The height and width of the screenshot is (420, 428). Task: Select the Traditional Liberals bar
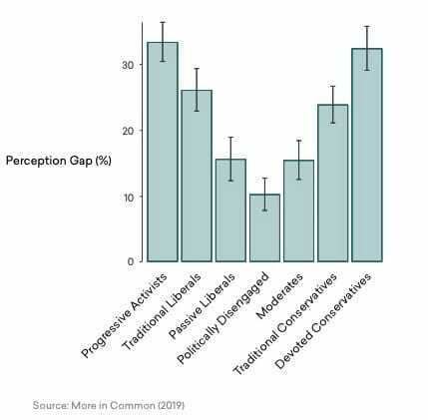pos(197,176)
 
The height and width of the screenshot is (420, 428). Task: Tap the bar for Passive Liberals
pos(230,210)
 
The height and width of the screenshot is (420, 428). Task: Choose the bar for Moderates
pos(298,210)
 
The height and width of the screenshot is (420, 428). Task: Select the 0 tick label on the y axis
pos(130,261)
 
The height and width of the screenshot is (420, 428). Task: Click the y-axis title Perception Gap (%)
pos(59,161)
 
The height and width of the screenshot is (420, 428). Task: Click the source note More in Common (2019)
pos(108,405)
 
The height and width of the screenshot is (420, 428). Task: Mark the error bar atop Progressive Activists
pos(163,42)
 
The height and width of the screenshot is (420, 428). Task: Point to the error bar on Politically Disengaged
pos(264,194)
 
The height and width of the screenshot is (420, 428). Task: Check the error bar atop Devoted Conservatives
pos(366,48)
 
